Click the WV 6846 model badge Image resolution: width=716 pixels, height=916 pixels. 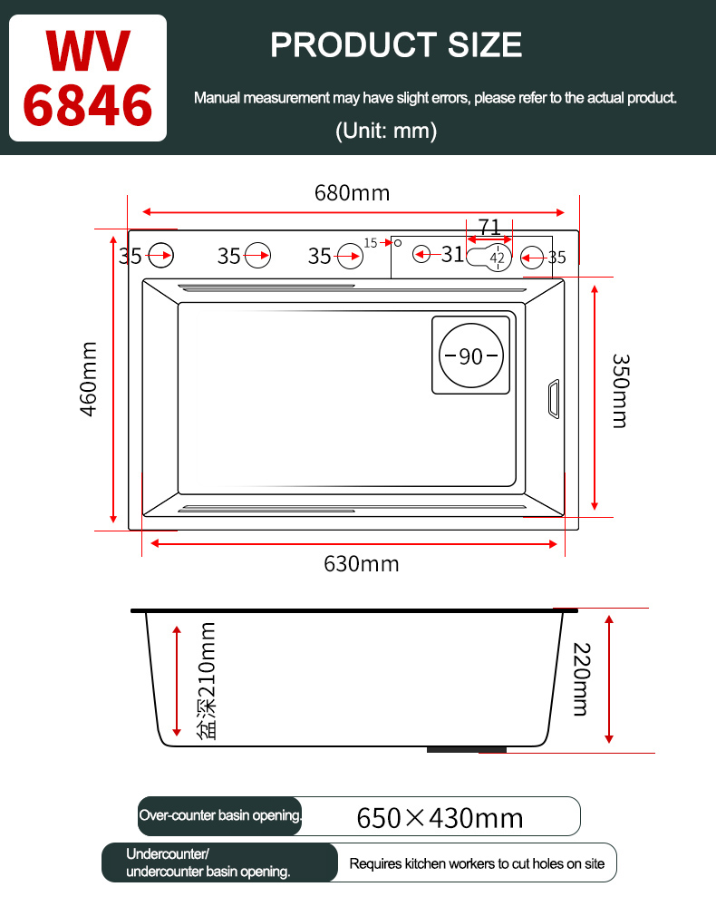88,78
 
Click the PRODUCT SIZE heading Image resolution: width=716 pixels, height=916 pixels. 396,45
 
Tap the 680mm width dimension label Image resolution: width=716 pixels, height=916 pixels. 353,193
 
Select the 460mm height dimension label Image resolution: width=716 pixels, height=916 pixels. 88,379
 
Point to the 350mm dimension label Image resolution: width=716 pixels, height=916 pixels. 620,391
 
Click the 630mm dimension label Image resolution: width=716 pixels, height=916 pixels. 362,564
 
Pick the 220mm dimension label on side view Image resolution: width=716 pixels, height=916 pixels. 582,679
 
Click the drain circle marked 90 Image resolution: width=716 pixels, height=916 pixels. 470,356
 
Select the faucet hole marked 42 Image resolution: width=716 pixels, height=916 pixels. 497,257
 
